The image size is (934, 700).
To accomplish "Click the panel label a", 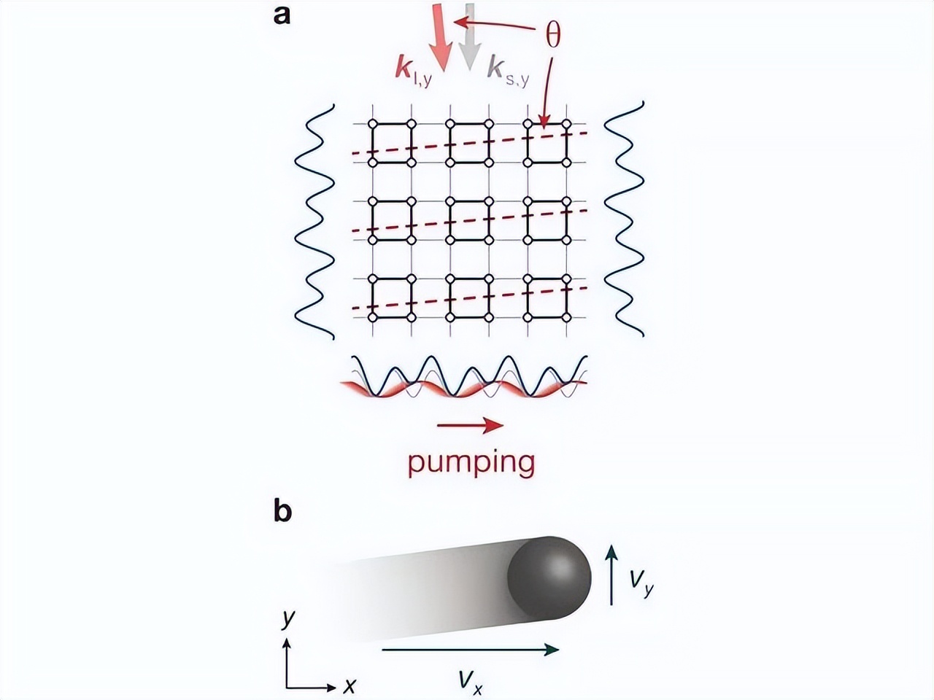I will (x=282, y=15).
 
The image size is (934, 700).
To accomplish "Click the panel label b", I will (x=282, y=512).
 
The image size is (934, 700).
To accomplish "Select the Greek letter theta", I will (x=553, y=34).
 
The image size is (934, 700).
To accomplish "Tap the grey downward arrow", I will (x=470, y=36).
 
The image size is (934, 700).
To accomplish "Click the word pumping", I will (x=471, y=462).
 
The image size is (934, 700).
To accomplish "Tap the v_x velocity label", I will (x=471, y=682).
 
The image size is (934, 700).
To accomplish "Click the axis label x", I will (x=350, y=685).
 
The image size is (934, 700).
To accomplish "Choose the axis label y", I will (x=289, y=619).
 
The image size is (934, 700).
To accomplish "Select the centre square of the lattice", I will (x=470, y=219).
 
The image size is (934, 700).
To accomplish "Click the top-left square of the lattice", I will (x=392, y=142).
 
